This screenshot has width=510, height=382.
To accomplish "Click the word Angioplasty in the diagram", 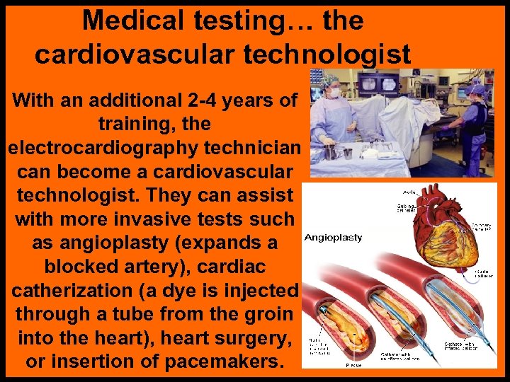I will pyautogui.click(x=333, y=238).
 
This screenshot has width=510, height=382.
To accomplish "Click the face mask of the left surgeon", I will pyautogui.click(x=330, y=93).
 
